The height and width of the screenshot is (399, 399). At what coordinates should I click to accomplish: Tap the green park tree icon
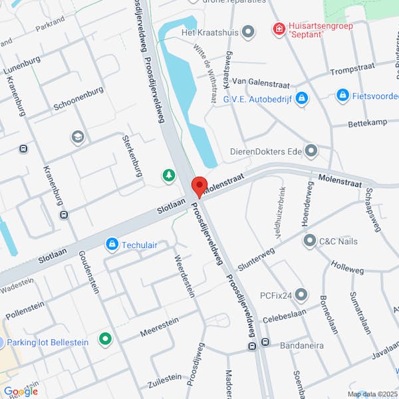(x=169, y=175)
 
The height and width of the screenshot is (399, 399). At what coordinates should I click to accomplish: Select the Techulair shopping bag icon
(x=112, y=245)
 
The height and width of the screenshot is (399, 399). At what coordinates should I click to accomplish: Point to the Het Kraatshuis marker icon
(x=249, y=31)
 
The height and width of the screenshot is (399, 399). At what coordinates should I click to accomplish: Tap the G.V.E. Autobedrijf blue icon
(x=302, y=98)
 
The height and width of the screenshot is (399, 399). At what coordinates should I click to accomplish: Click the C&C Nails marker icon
(x=309, y=240)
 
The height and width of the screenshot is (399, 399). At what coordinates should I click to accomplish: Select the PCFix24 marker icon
(x=301, y=294)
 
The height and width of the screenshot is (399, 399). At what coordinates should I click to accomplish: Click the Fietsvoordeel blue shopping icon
(x=342, y=96)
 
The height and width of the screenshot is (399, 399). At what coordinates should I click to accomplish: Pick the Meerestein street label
(x=160, y=331)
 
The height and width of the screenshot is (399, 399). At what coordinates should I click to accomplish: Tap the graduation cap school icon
(x=77, y=137)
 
